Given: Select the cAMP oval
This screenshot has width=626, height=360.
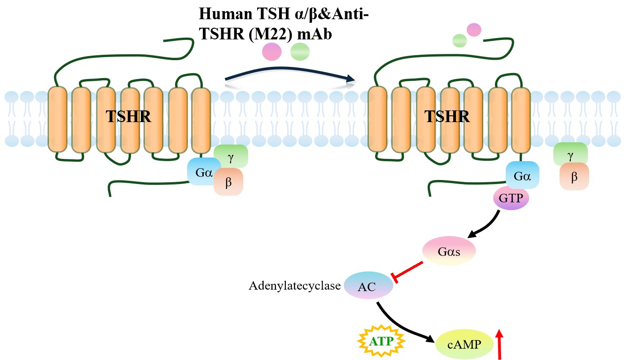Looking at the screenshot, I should [x=464, y=345].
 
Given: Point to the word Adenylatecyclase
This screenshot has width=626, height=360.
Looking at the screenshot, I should [x=295, y=286].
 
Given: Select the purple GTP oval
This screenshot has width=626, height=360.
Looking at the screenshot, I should [x=511, y=198].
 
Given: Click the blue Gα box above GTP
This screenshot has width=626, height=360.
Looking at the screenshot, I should [x=522, y=175].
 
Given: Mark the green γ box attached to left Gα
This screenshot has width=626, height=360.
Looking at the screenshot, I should [x=231, y=155].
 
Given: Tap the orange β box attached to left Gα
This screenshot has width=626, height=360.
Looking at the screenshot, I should [x=228, y=182].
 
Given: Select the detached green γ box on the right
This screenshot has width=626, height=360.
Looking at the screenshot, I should [x=570, y=154].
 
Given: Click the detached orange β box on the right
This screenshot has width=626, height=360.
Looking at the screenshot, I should [x=574, y=176].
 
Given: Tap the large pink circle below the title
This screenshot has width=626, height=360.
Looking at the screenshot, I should [x=271, y=52].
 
